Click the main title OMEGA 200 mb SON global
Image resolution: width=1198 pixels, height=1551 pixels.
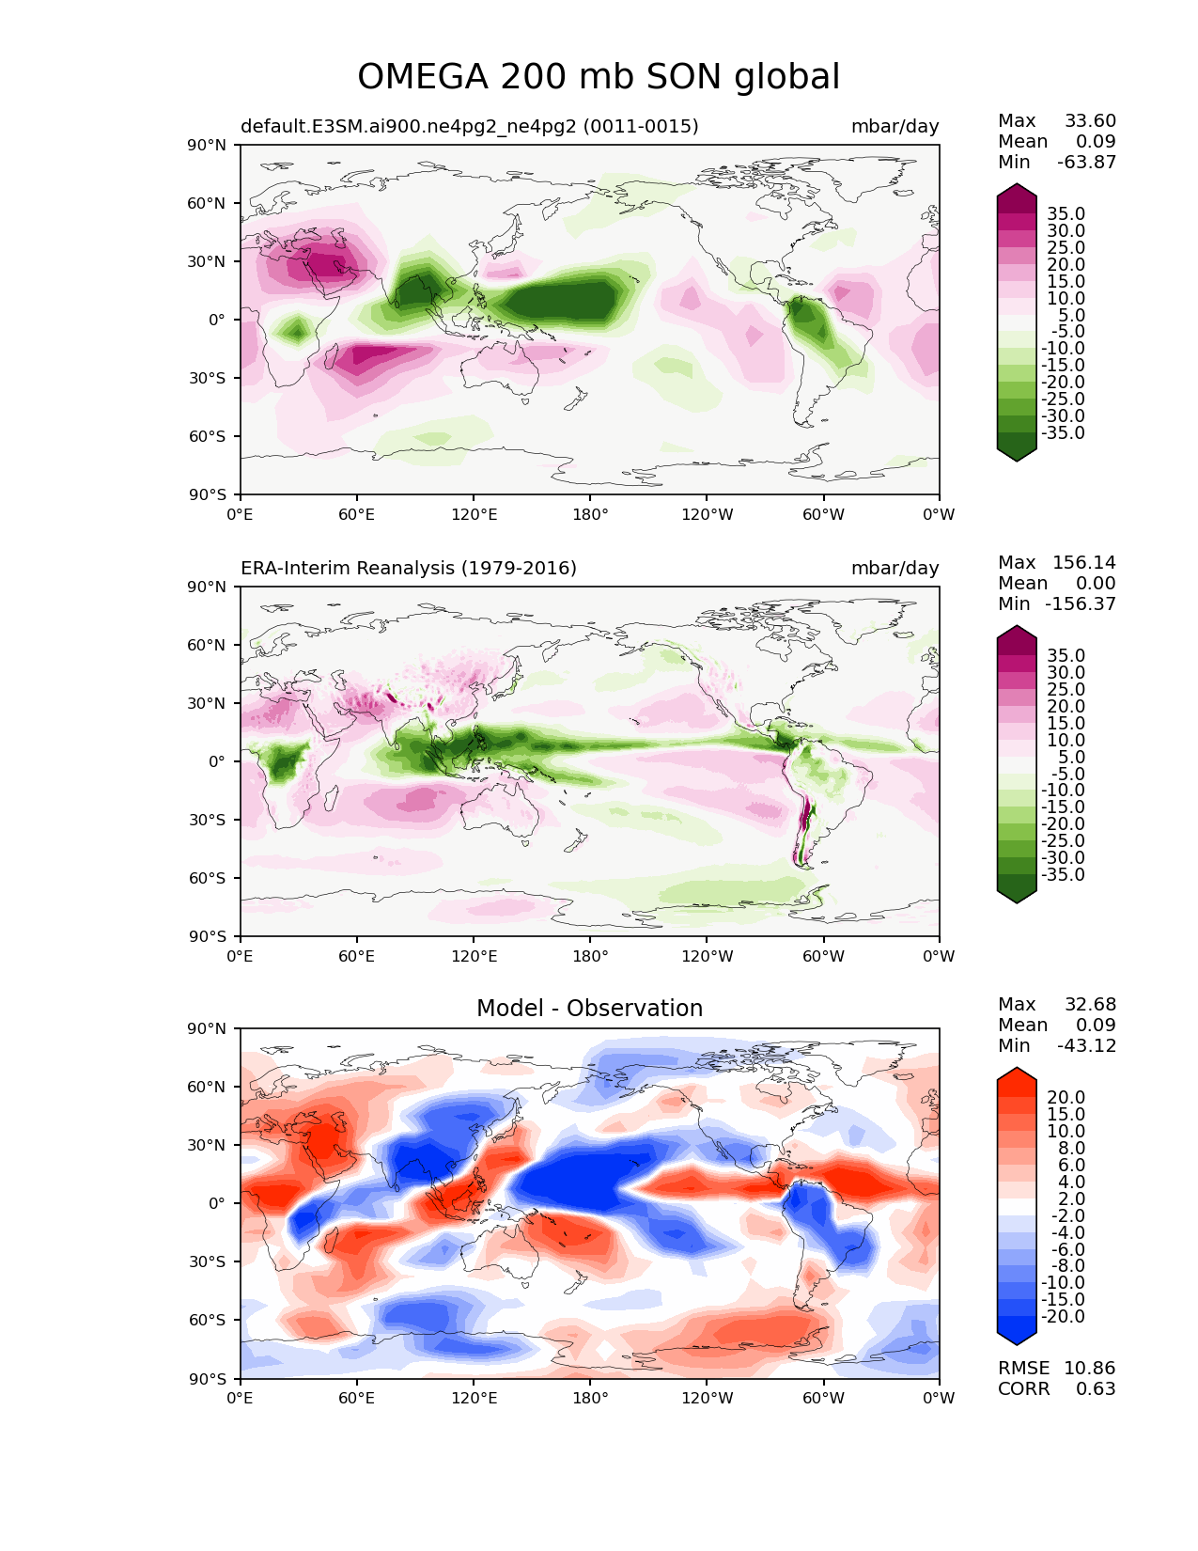[599, 77]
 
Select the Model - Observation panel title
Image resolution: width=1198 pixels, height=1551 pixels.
[589, 1009]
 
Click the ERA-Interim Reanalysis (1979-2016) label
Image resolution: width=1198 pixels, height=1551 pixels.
[409, 569]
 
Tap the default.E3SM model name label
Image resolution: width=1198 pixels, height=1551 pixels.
[470, 127]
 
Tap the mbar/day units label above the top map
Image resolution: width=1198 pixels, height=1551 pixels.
[895, 127]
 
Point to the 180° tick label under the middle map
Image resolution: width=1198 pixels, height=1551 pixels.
[590, 957]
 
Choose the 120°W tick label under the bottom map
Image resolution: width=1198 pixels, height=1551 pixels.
[708, 1399]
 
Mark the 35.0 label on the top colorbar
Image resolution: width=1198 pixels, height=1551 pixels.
[1066, 214]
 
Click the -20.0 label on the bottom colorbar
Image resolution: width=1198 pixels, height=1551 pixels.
[1063, 1317]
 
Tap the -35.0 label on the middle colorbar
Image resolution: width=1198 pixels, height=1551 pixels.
[1063, 875]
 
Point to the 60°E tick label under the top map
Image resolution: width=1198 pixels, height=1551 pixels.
[357, 515]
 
